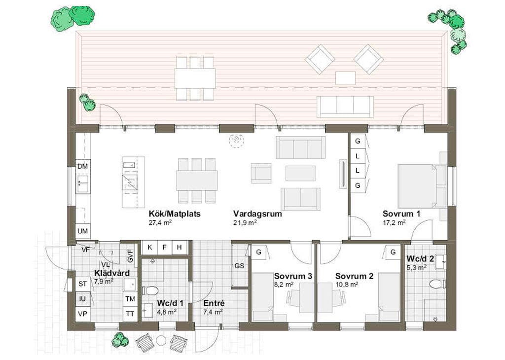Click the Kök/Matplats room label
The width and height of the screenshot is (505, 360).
[175, 214]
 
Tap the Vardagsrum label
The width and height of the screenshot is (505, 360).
[257, 214]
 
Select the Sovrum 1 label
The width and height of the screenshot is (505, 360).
[401, 214]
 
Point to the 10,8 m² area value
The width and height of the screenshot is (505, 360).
[347, 285]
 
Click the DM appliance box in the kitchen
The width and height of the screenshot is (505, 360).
[83, 167]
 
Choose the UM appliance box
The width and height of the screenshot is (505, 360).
[83, 231]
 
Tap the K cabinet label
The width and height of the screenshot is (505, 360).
[149, 247]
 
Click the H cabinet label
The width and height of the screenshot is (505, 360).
[180, 247]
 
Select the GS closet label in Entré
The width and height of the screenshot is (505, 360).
[239, 266]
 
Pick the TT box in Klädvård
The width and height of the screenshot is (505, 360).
[130, 313]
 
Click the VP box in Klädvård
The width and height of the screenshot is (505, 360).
[83, 313]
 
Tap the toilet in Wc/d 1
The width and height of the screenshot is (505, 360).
[150, 291]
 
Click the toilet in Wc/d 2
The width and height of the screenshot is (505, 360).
[438, 285]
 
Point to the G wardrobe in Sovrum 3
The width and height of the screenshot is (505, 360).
[258, 252]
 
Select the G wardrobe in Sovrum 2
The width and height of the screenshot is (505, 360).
[393, 252]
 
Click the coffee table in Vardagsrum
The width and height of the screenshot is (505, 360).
[300, 173]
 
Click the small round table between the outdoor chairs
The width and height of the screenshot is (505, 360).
[161, 340]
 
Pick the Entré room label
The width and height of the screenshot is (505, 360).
[214, 303]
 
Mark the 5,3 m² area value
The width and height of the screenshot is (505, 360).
[416, 267]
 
